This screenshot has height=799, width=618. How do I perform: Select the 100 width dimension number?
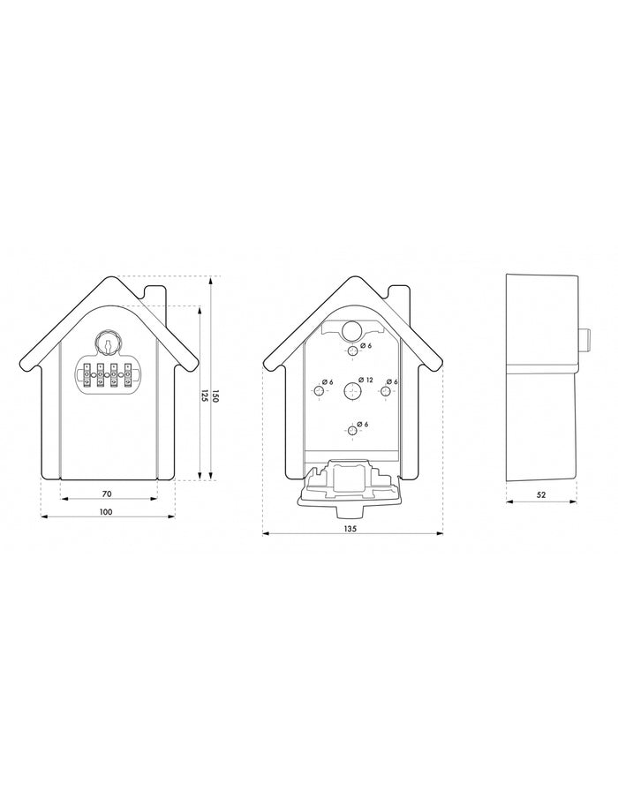pyautogui.click(x=105, y=512)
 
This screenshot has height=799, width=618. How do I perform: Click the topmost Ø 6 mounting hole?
pyautogui.click(x=353, y=351)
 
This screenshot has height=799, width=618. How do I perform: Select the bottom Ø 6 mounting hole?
pyautogui.click(x=353, y=430)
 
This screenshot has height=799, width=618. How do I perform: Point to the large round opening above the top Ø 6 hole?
pyautogui.click(x=351, y=329)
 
